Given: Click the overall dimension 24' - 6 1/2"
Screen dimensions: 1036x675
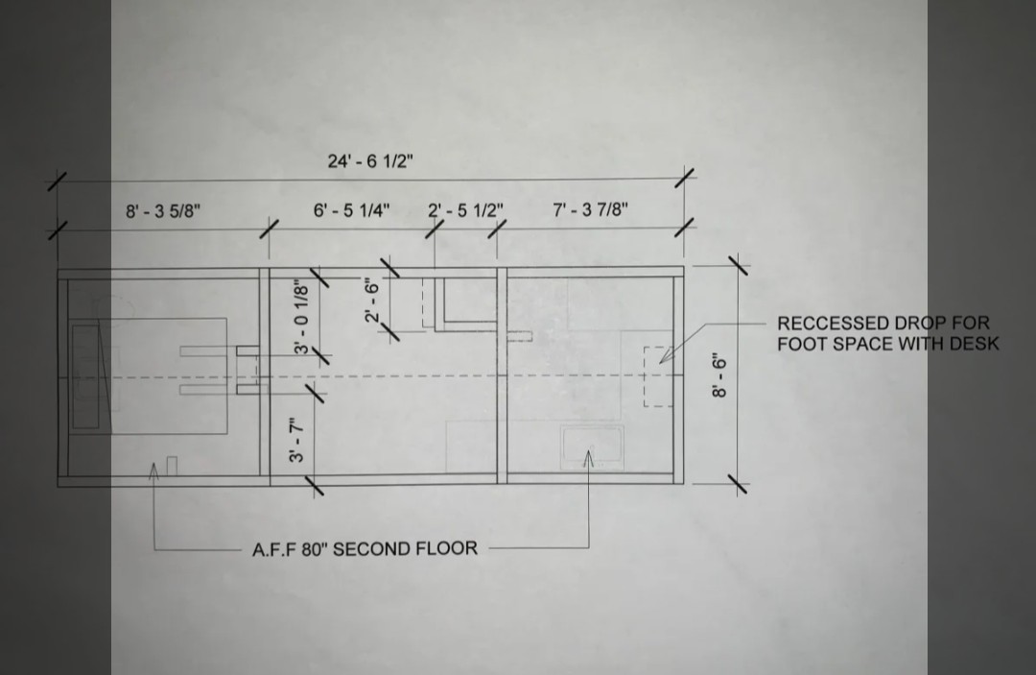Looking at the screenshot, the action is click(x=370, y=160).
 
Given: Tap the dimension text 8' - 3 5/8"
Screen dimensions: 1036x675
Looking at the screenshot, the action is click(x=163, y=211).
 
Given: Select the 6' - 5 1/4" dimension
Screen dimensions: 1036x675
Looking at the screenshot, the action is click(x=351, y=210).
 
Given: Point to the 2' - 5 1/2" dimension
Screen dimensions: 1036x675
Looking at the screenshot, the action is click(x=466, y=210).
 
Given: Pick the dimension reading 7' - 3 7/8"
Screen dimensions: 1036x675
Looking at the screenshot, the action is click(x=591, y=209).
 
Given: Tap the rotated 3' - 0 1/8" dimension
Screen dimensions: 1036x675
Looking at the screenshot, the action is click(x=301, y=317).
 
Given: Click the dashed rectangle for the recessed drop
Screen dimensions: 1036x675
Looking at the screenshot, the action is click(x=645, y=376).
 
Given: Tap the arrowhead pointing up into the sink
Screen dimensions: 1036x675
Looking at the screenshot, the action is click(x=589, y=456).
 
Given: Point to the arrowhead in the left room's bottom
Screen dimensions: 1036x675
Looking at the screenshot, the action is click(x=153, y=470).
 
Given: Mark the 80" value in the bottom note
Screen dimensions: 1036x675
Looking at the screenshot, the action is click(x=314, y=549).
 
